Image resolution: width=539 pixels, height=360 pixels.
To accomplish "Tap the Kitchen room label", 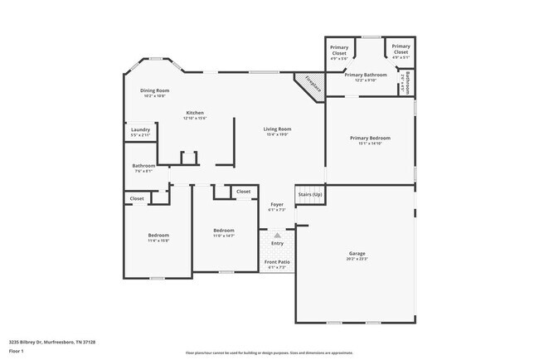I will click(x=195, y=113).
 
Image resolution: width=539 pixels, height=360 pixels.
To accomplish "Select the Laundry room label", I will click(x=140, y=129).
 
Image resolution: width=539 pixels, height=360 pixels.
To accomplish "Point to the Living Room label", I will click(x=277, y=129).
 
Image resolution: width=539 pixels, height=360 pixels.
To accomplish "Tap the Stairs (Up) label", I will click(x=310, y=194).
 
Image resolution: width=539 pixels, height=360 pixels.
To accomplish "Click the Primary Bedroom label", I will click(x=370, y=138).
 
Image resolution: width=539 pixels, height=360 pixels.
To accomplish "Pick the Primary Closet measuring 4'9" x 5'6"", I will click(x=339, y=47).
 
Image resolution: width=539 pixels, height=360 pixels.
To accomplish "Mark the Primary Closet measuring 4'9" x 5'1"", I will click(x=401, y=46).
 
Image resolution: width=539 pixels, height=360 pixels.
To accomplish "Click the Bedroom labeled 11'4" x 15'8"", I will click(x=158, y=235).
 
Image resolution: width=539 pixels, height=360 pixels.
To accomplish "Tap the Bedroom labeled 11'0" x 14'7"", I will click(x=223, y=230).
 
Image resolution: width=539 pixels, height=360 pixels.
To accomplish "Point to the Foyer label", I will click(x=277, y=204).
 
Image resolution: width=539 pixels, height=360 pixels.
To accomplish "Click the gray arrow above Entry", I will click(x=277, y=235).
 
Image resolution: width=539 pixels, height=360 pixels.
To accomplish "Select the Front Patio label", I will click(x=276, y=262).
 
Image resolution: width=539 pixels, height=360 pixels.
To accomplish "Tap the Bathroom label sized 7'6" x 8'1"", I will click(x=143, y=165).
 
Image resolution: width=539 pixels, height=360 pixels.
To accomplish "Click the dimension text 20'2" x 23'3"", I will click(x=357, y=259).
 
